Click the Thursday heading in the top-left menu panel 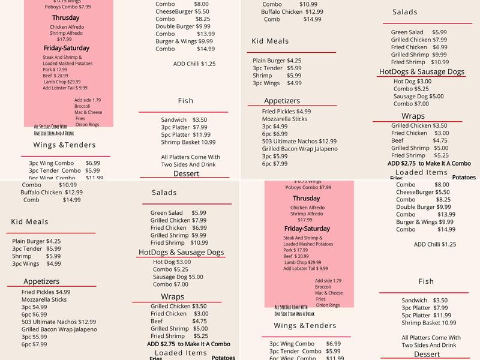(65, 18)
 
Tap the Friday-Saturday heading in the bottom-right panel (307, 229)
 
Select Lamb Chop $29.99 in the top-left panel (62, 82)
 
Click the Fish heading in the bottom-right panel (426, 281)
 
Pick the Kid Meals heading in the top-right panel (270, 41)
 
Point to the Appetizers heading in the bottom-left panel (41, 281)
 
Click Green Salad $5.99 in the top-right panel (419, 32)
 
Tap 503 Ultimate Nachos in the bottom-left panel (59, 322)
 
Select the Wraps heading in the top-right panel (413, 116)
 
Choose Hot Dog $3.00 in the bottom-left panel (172, 262)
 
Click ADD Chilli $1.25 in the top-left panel (194, 64)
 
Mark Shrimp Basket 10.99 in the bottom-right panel (429, 323)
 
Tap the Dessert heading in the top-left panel (186, 174)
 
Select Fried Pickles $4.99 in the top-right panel (286, 112)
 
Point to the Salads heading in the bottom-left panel (164, 193)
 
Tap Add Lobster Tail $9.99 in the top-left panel (65, 88)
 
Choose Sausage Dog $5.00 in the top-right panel (419, 96)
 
